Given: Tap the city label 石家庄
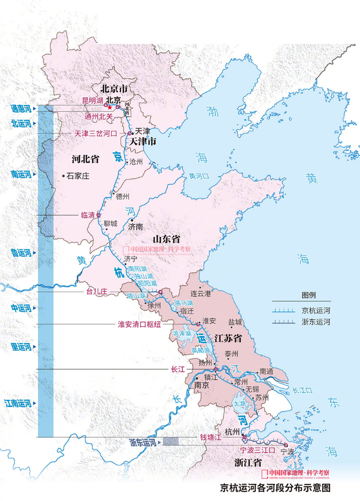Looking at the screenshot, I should pyautogui.click(x=78, y=176).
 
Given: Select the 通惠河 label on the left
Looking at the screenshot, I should pyautogui.click(x=22, y=109).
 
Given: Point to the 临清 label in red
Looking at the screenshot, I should pyautogui.click(x=88, y=215).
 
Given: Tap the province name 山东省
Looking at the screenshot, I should pyautogui.click(x=166, y=239).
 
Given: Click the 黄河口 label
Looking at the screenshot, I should pyautogui.click(x=199, y=176).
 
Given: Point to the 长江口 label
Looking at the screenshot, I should pyautogui.click(x=302, y=390).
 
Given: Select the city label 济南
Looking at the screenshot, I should pyautogui.click(x=136, y=226).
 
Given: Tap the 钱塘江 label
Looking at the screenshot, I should pyautogui.click(x=210, y=437).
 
